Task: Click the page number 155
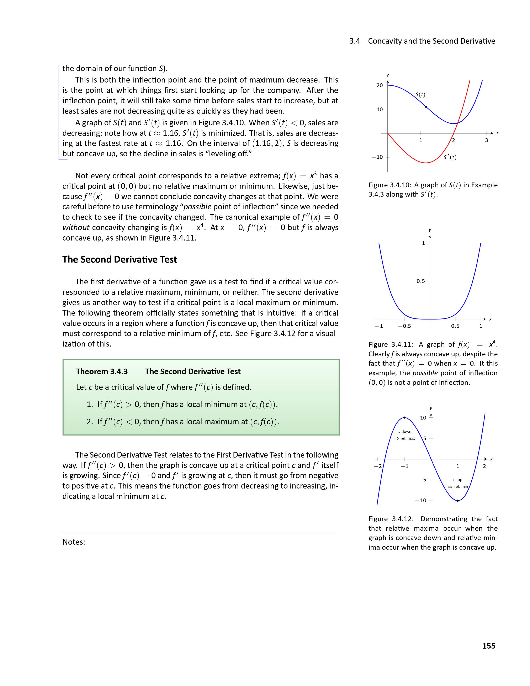coord(489,646)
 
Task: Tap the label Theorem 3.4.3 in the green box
coord(102,372)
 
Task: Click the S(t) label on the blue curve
coord(420,94)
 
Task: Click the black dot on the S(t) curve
coord(426,107)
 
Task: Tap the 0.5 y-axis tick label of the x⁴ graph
coord(420,281)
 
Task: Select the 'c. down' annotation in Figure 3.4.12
coord(404,432)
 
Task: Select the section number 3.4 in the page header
coord(355,41)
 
